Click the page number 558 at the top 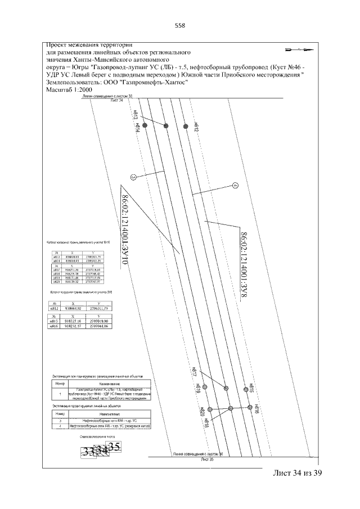pyautogui.click(x=180, y=25)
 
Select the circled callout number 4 pyautogui.click(x=236, y=186)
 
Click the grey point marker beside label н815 pyautogui.click(x=246, y=388)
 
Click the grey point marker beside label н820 pyautogui.click(x=209, y=409)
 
